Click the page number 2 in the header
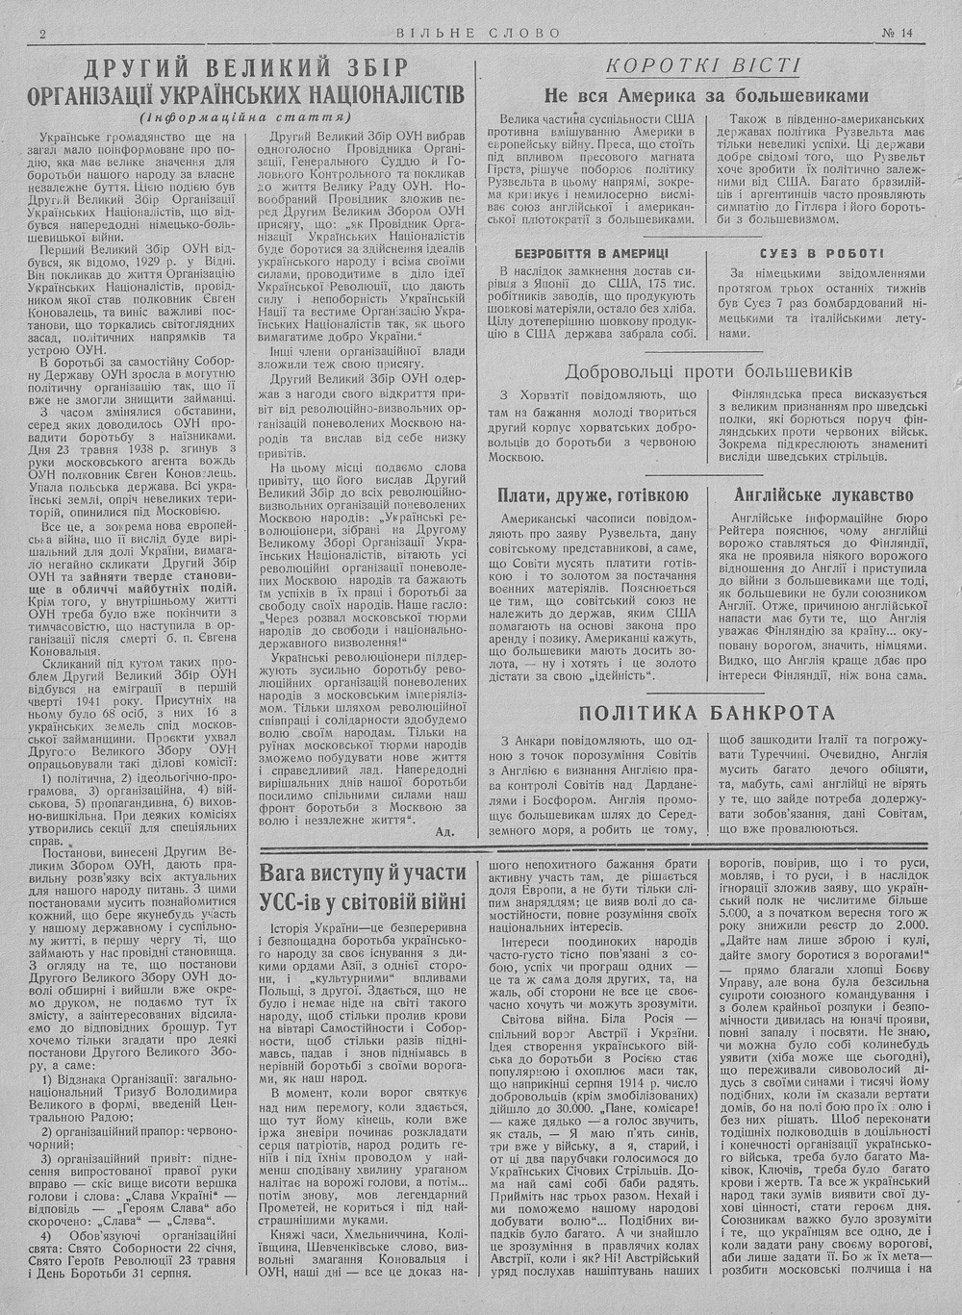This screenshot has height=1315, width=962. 43,34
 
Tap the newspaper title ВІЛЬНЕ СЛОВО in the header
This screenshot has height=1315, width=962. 478,34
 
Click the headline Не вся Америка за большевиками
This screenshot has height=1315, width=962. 706,95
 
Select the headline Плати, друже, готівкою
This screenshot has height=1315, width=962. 593,496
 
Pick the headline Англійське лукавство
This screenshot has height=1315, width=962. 823,496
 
